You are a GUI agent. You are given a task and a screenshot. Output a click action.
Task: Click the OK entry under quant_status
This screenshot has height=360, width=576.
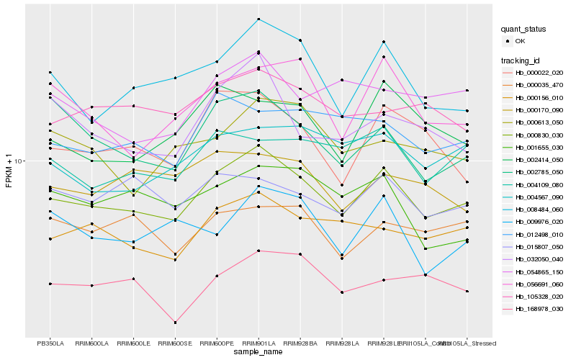pos(514,41)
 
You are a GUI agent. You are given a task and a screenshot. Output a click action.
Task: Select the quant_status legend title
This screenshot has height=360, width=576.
pos(524,29)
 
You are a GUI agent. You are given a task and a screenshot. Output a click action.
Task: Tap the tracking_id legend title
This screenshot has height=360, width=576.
pos(521,60)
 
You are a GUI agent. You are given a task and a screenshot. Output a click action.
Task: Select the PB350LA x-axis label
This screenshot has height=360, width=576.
pos(50,343)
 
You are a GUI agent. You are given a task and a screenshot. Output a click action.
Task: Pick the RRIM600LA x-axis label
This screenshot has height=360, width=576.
pos(92,343)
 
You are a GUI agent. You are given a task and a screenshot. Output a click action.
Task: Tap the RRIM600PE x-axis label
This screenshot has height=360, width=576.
pos(217,343)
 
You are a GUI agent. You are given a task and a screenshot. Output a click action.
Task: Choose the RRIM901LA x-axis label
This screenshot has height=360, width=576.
pos(258,343)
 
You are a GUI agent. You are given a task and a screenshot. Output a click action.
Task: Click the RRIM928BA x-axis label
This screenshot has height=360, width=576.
pos(300,343)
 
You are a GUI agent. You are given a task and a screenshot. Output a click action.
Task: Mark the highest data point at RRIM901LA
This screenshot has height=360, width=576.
pos(258,19)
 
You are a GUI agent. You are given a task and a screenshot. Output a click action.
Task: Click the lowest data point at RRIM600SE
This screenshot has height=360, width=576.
pos(175,323)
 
